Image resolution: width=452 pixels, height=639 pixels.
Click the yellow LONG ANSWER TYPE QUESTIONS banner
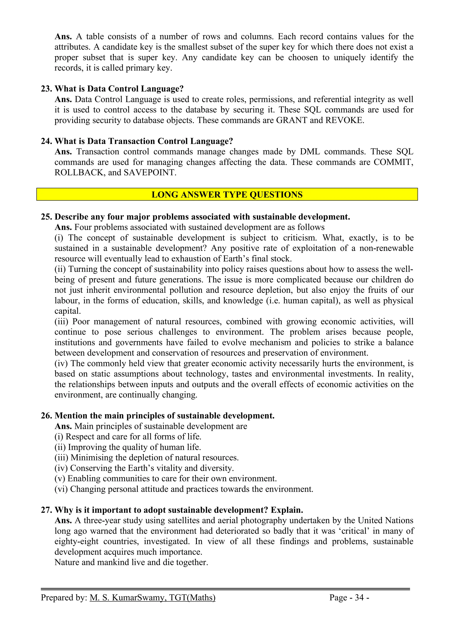pos(227,194)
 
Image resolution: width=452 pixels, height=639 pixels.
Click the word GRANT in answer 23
pos(291,120)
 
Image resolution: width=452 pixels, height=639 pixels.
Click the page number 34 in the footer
pos(359,598)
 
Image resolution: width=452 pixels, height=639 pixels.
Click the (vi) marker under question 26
pos(61,489)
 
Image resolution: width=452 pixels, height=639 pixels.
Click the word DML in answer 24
pos(310,152)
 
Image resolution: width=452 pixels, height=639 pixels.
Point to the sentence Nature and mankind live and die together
pos(131,562)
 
